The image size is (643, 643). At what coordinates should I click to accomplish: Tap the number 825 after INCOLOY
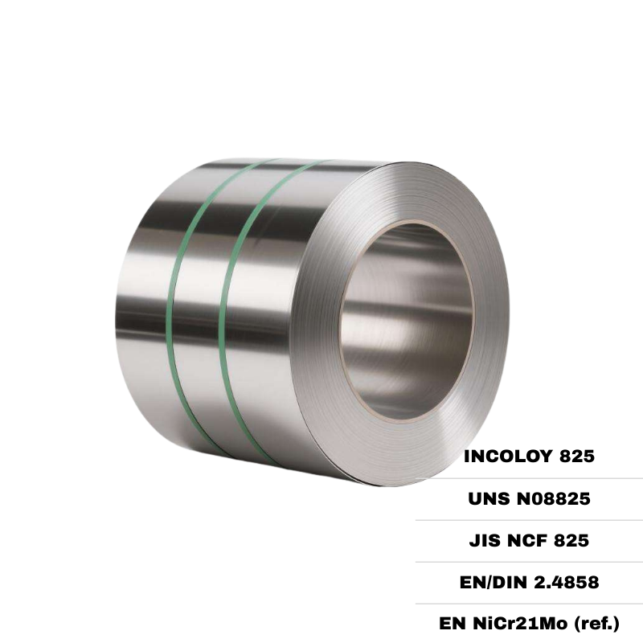[x=574, y=457]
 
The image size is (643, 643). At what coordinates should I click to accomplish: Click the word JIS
[x=484, y=541]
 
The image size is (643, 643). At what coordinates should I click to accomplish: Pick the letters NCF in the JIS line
[x=525, y=541]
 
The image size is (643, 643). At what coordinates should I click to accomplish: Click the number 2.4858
[x=567, y=583]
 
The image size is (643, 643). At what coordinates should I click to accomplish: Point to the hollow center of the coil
[x=406, y=321]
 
